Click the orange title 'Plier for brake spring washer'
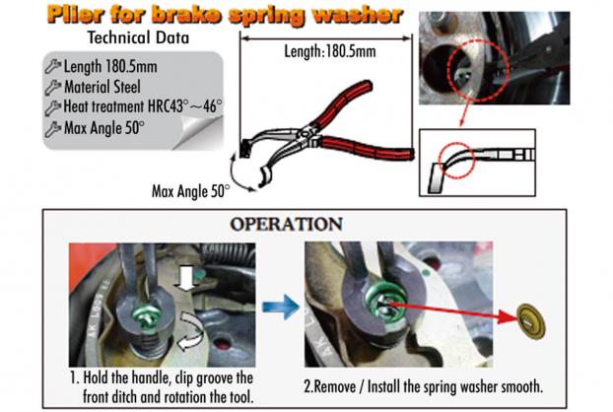tap(225, 15)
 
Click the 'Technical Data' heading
tap(138, 37)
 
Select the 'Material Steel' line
tap(102, 87)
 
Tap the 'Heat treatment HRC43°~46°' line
tap(143, 106)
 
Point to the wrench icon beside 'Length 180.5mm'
tap(53, 66)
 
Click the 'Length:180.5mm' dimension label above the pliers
tap(330, 51)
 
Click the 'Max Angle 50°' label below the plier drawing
tap(191, 191)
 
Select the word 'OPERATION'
tap(286, 224)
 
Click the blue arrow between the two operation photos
tap(281, 307)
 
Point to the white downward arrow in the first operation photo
tap(187, 278)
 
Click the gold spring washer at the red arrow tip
tap(531, 321)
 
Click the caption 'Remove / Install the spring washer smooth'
tap(424, 386)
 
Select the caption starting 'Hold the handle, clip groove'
tap(162, 387)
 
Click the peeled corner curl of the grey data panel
tap(199, 130)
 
